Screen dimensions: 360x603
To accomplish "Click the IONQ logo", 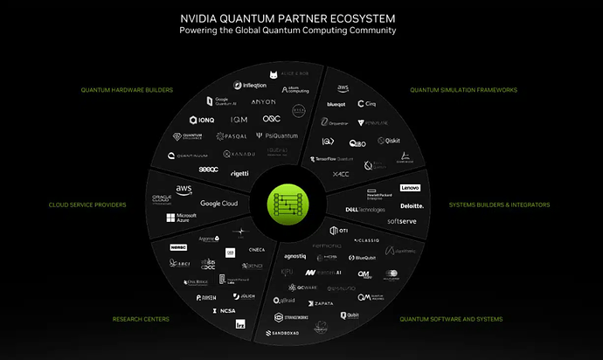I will click(x=201, y=120).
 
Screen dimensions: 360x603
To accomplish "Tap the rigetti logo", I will click(x=239, y=173).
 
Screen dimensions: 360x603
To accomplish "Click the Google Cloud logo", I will click(x=218, y=204).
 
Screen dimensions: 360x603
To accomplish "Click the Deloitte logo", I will click(x=412, y=206).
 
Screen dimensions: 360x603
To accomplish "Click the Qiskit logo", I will click(x=388, y=141).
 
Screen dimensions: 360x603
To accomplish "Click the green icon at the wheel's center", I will click(x=288, y=204).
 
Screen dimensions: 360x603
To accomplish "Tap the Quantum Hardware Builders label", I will click(x=127, y=89).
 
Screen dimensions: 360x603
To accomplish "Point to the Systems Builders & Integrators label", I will click(x=499, y=205).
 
